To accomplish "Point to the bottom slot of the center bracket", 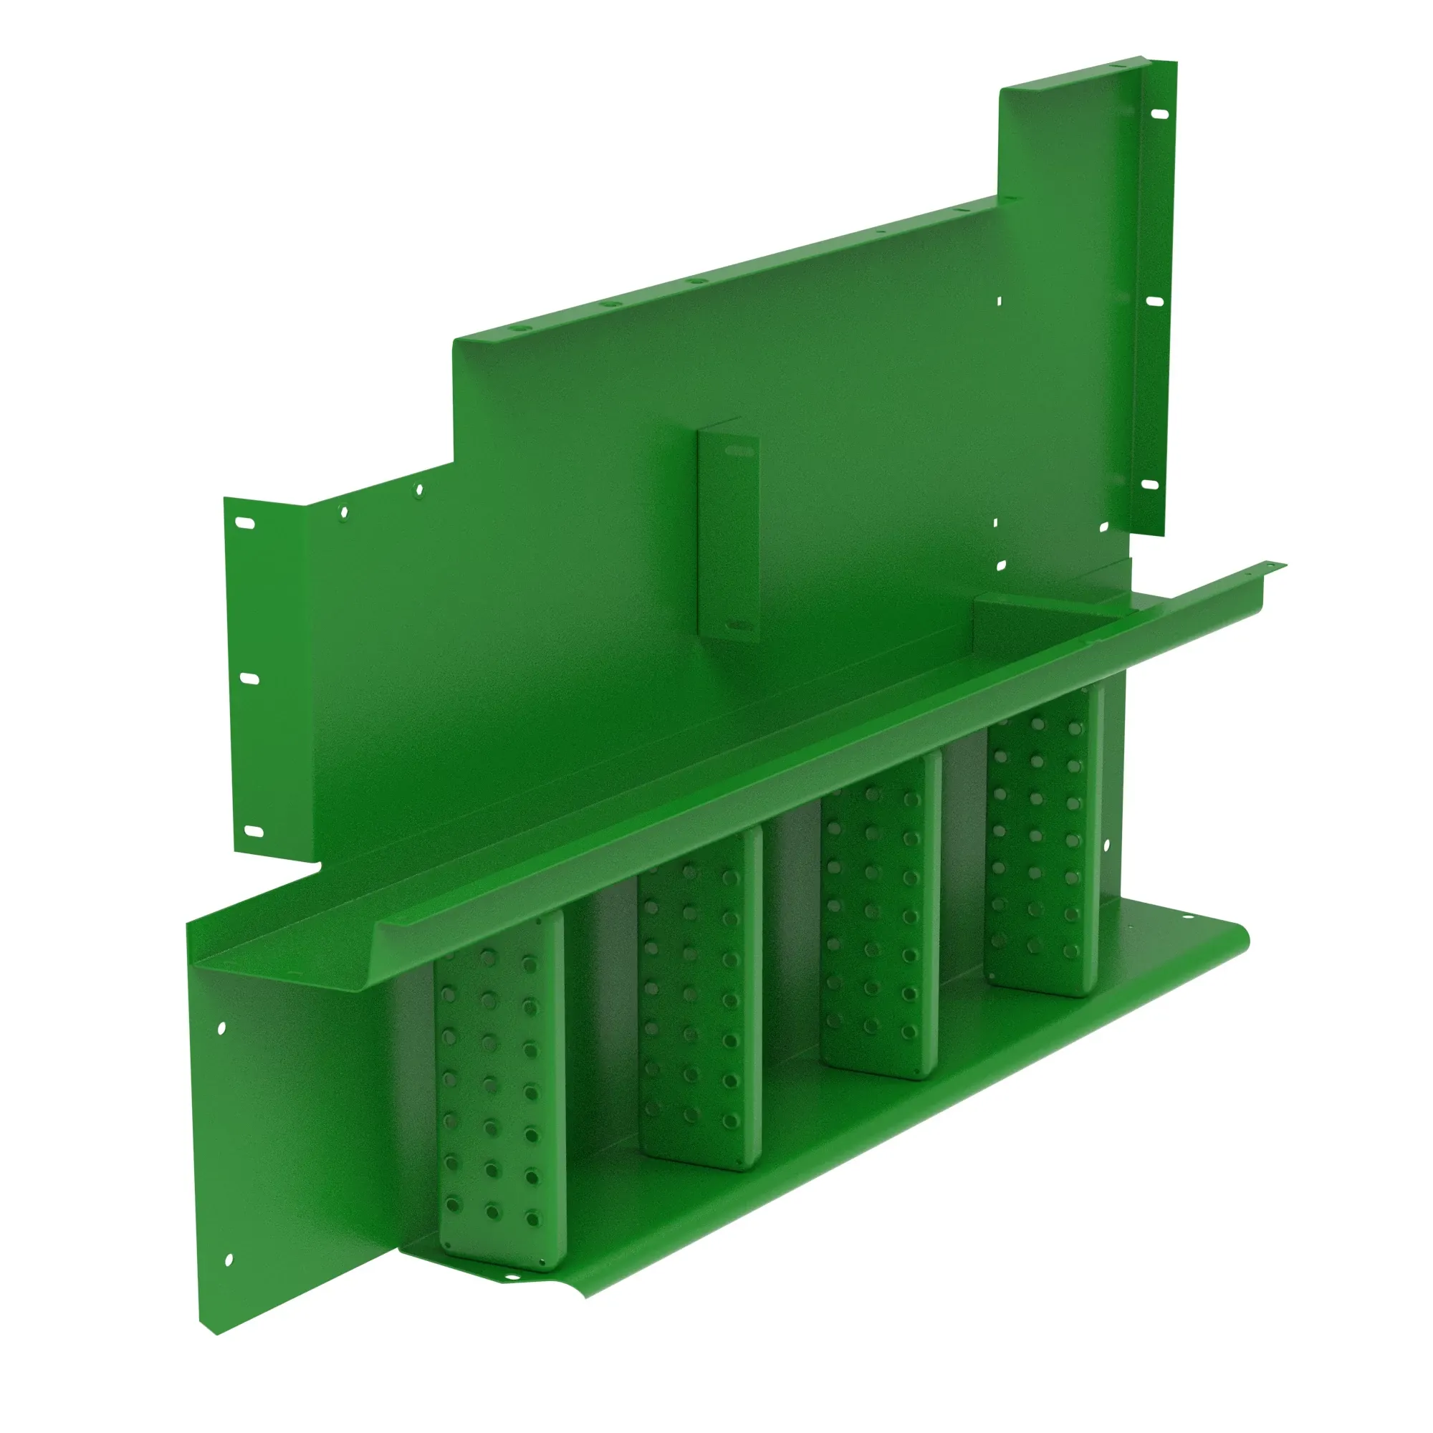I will pyautogui.click(x=737, y=626).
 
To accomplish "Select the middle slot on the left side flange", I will pyautogui.click(x=251, y=679).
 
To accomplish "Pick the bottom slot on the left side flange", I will pyautogui.click(x=255, y=831).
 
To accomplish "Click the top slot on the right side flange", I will pyautogui.click(x=1159, y=114).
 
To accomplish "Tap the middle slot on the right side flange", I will pyautogui.click(x=1155, y=301).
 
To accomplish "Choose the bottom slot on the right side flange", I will pyautogui.click(x=1150, y=484).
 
